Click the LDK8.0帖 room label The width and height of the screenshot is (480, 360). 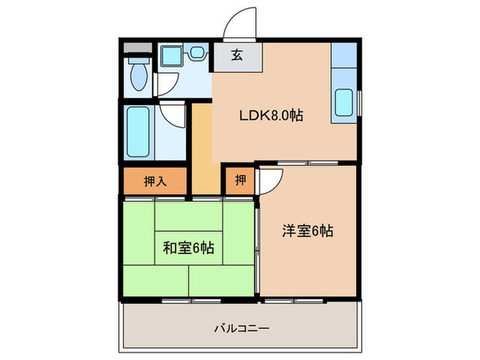coord(271,116)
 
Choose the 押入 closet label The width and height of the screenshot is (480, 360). coord(155,181)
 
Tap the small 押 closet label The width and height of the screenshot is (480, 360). coord(240,181)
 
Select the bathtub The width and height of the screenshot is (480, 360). coord(139,133)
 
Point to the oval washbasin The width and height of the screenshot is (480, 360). coord(198,52)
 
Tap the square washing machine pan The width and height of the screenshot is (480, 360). coord(169,56)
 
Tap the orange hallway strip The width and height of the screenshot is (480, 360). coord(202,147)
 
